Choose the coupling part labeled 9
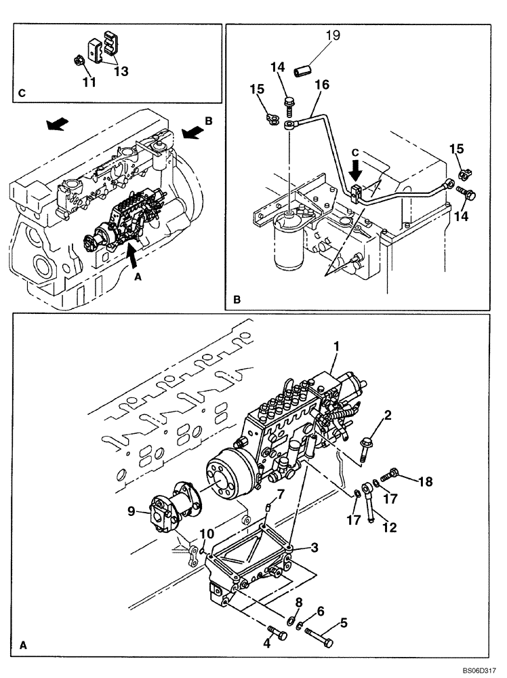(x=169, y=508)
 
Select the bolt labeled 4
(x=276, y=635)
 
